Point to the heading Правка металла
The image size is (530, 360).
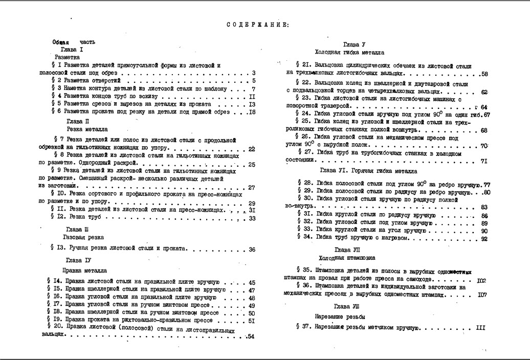pos(85,269)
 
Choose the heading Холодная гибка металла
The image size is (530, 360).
pos(349,53)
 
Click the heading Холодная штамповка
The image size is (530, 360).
pos(346,258)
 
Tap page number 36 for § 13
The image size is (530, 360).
pos(252,250)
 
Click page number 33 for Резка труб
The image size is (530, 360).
pos(252,218)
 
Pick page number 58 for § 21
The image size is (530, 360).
pos(484,74)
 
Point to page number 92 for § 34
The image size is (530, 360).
pos(484,239)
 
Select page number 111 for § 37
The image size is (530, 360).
pos(480,328)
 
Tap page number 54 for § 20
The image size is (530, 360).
pos(251,336)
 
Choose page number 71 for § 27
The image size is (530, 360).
pos(484,162)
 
